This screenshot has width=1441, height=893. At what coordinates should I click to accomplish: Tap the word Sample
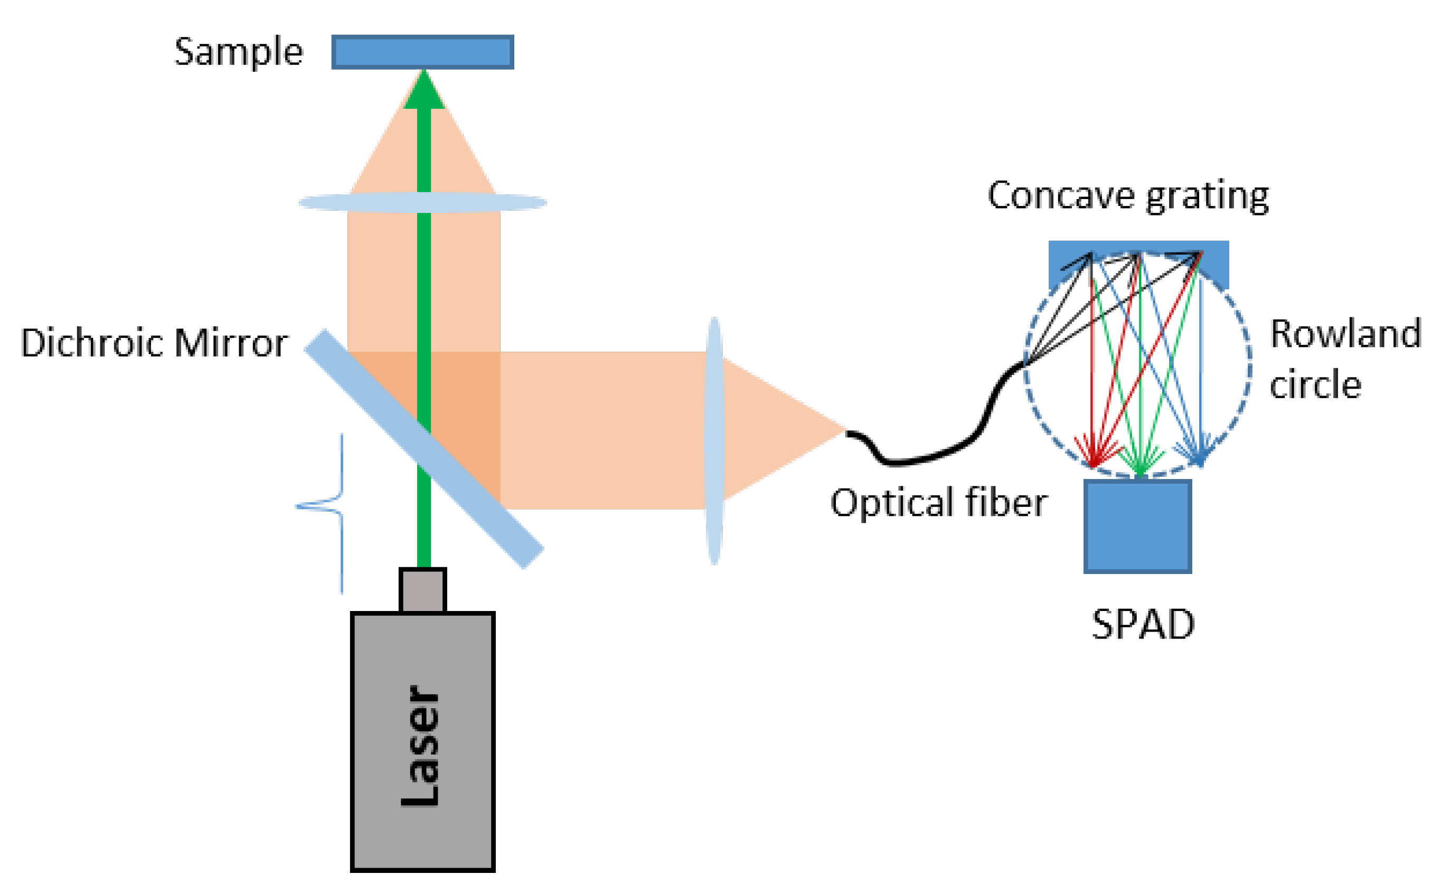click(239, 52)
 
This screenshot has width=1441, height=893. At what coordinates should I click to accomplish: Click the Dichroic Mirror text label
click(154, 343)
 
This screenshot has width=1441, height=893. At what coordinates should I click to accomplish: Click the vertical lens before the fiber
click(714, 440)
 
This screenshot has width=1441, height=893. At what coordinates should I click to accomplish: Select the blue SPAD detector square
click(1137, 526)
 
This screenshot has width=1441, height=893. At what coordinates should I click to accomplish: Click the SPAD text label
click(1143, 624)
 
